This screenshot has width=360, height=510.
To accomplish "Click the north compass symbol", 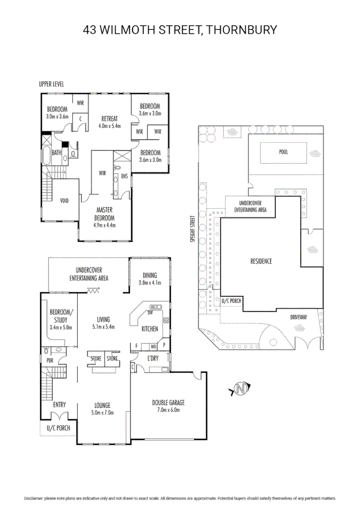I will (x=241, y=390).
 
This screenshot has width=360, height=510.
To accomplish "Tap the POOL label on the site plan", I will (x=283, y=152).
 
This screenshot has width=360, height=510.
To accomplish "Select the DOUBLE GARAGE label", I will (x=168, y=406).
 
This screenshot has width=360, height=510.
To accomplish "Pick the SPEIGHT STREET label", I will (x=193, y=229).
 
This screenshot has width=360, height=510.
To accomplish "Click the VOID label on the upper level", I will (x=65, y=201).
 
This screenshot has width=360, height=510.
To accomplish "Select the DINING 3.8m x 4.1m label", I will (x=150, y=279).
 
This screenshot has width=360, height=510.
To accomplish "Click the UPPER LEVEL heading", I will (x=51, y=84).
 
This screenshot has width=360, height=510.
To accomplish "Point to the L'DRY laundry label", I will (x=152, y=358).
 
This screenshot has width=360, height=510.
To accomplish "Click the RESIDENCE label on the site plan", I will (x=261, y=261).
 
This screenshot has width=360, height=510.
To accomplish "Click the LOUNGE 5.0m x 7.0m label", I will (x=102, y=408).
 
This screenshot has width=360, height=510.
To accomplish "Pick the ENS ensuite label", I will (x=125, y=176).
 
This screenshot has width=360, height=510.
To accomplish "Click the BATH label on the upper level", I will (x=57, y=153).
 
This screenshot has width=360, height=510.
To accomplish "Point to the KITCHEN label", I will (x=150, y=329).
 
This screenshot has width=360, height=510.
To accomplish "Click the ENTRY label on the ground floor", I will (x=59, y=404).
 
